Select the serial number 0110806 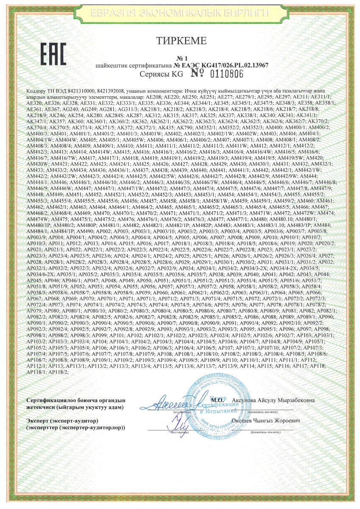click(225, 74)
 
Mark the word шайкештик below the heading click(113, 66)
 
